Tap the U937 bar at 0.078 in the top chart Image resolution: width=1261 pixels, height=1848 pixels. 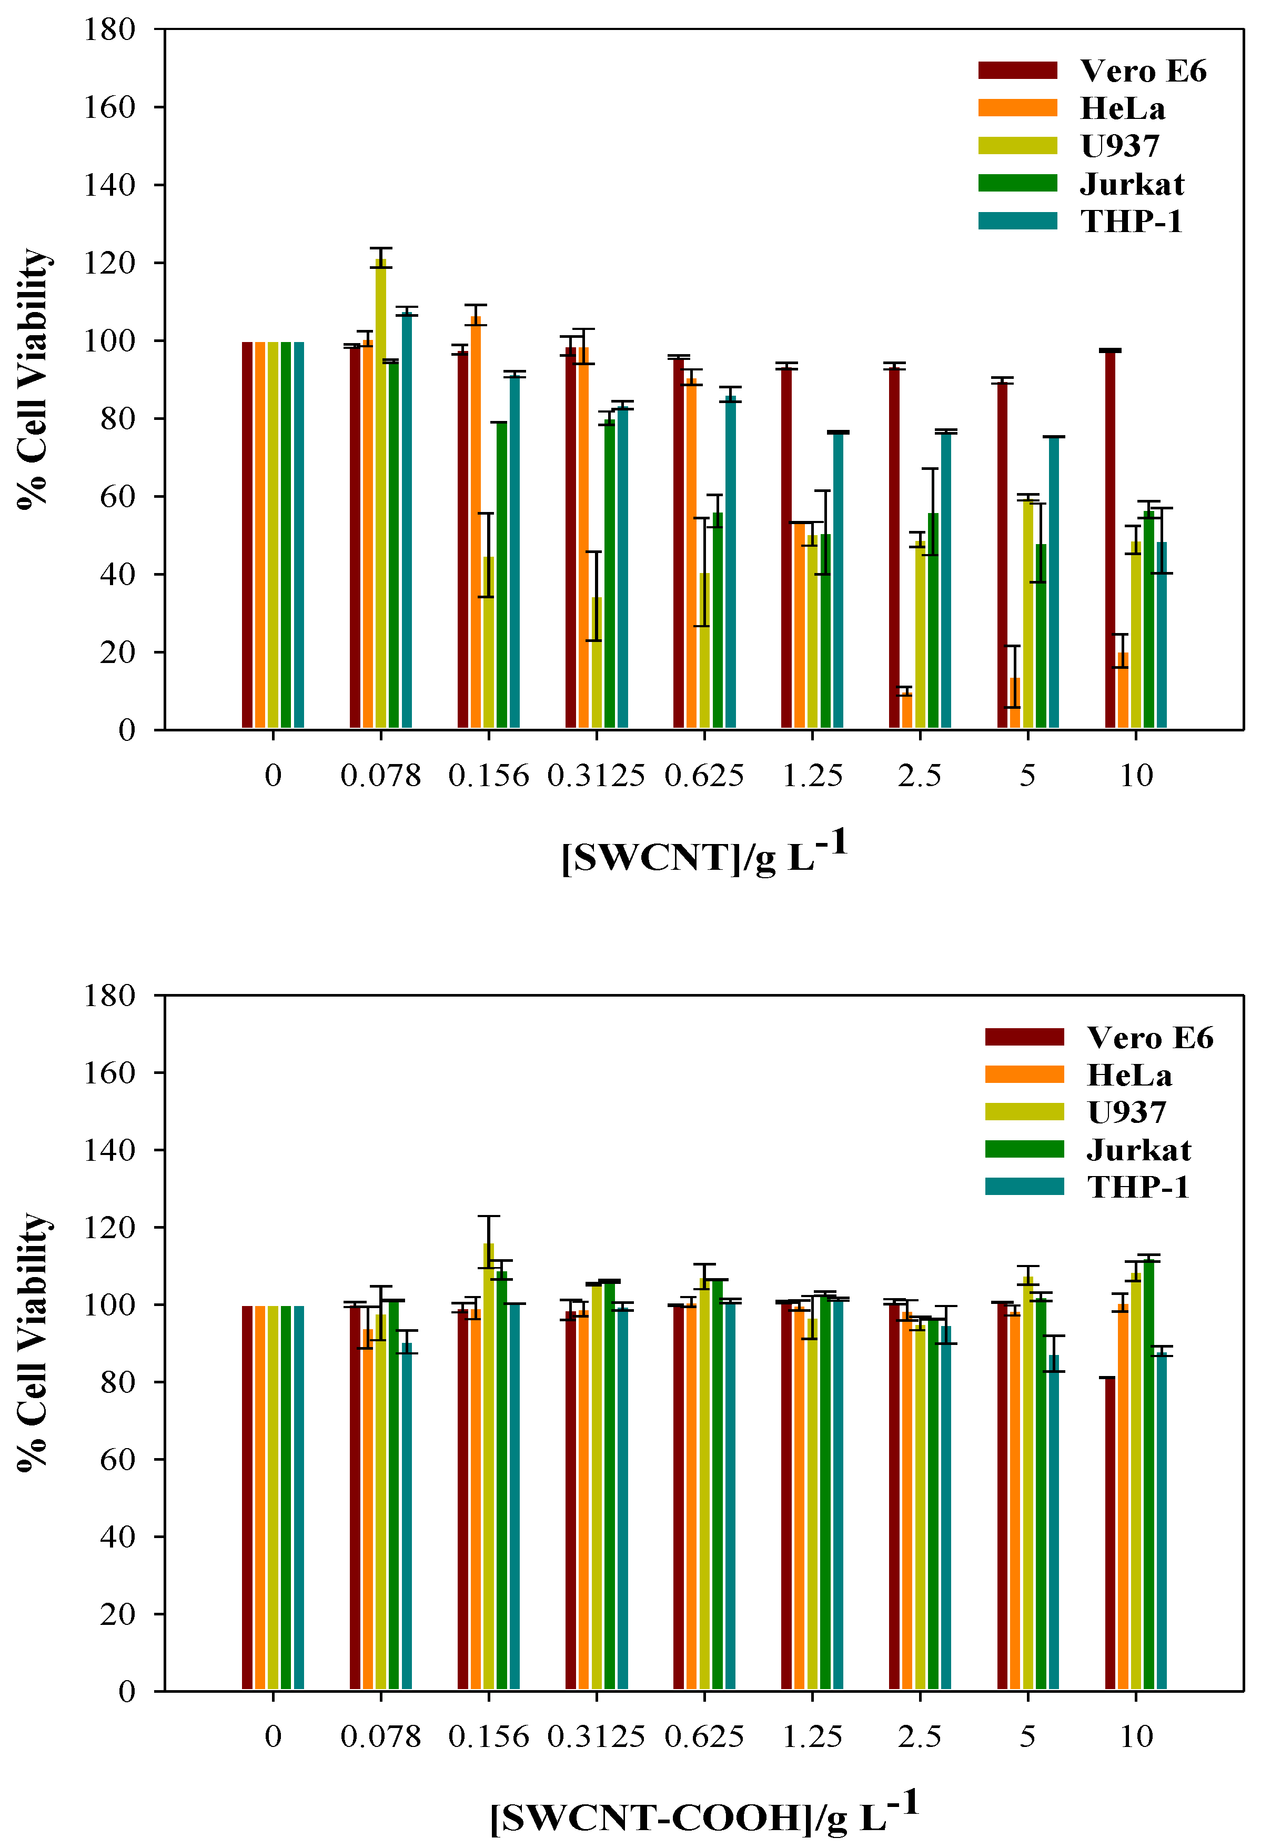click(381, 493)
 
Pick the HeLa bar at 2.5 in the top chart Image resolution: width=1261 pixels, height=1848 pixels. click(906, 710)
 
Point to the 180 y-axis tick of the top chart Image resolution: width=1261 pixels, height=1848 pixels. click(110, 29)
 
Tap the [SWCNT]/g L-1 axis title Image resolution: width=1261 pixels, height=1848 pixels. click(704, 853)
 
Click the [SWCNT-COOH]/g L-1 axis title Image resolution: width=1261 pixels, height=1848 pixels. click(704, 1814)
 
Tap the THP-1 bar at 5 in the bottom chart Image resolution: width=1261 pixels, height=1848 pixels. click(1054, 1523)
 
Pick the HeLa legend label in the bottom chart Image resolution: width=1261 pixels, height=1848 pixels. click(1129, 1075)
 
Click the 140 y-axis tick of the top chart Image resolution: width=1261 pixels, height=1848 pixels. click(110, 185)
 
